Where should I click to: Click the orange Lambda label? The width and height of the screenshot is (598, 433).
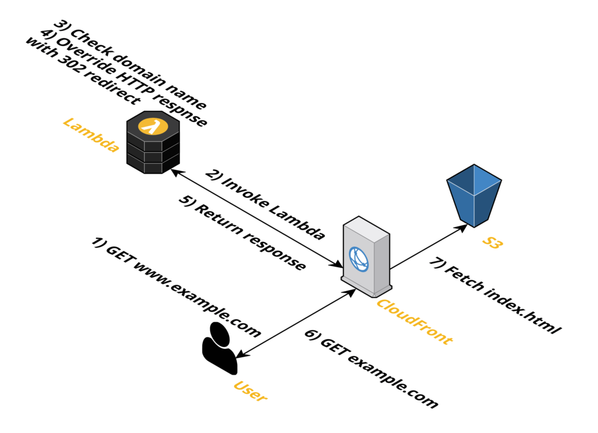point(91,135)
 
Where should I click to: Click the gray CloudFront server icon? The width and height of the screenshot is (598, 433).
point(366,256)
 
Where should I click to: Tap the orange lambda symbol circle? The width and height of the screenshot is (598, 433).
point(153,125)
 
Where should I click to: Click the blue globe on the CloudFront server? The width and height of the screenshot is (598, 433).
point(359,259)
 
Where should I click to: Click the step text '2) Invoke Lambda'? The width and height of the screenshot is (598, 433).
point(265,205)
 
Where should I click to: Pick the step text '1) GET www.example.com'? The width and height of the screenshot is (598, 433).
point(176,288)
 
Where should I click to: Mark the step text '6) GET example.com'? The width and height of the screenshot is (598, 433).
point(371,368)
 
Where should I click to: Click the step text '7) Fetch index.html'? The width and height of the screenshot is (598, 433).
point(496,296)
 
